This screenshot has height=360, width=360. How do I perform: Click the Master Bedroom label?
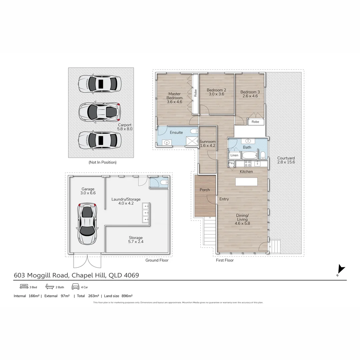point(174,96)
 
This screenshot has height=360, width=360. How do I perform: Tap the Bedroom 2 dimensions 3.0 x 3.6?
point(216,94)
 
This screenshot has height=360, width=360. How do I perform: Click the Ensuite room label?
point(176,132)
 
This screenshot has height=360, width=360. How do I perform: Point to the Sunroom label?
point(207,142)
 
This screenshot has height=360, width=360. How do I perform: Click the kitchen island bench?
point(246,182)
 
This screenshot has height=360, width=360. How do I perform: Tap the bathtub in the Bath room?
point(249,155)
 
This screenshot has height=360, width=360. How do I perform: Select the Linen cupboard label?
point(234,155)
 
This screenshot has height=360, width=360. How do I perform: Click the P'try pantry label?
point(231,163)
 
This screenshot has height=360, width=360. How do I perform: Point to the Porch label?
point(205,190)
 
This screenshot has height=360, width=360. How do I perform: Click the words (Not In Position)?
point(102,162)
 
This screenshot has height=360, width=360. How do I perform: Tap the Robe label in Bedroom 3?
point(255,122)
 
